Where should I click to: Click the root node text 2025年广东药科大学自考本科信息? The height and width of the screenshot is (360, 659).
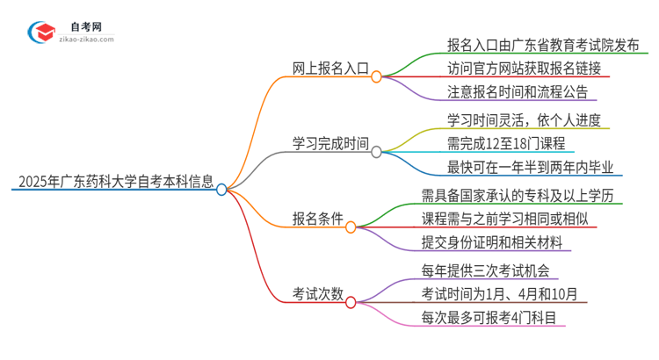point(113,184)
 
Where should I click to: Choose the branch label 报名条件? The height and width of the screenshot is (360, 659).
point(317,219)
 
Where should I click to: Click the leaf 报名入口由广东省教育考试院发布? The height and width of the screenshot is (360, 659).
point(535,44)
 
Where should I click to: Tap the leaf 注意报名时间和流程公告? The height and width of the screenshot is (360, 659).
point(504,91)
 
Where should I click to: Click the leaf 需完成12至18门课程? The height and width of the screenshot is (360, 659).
point(493,143)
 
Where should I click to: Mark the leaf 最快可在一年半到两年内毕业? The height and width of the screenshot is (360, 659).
point(518,167)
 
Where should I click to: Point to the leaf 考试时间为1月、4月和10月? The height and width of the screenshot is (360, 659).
point(498,294)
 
